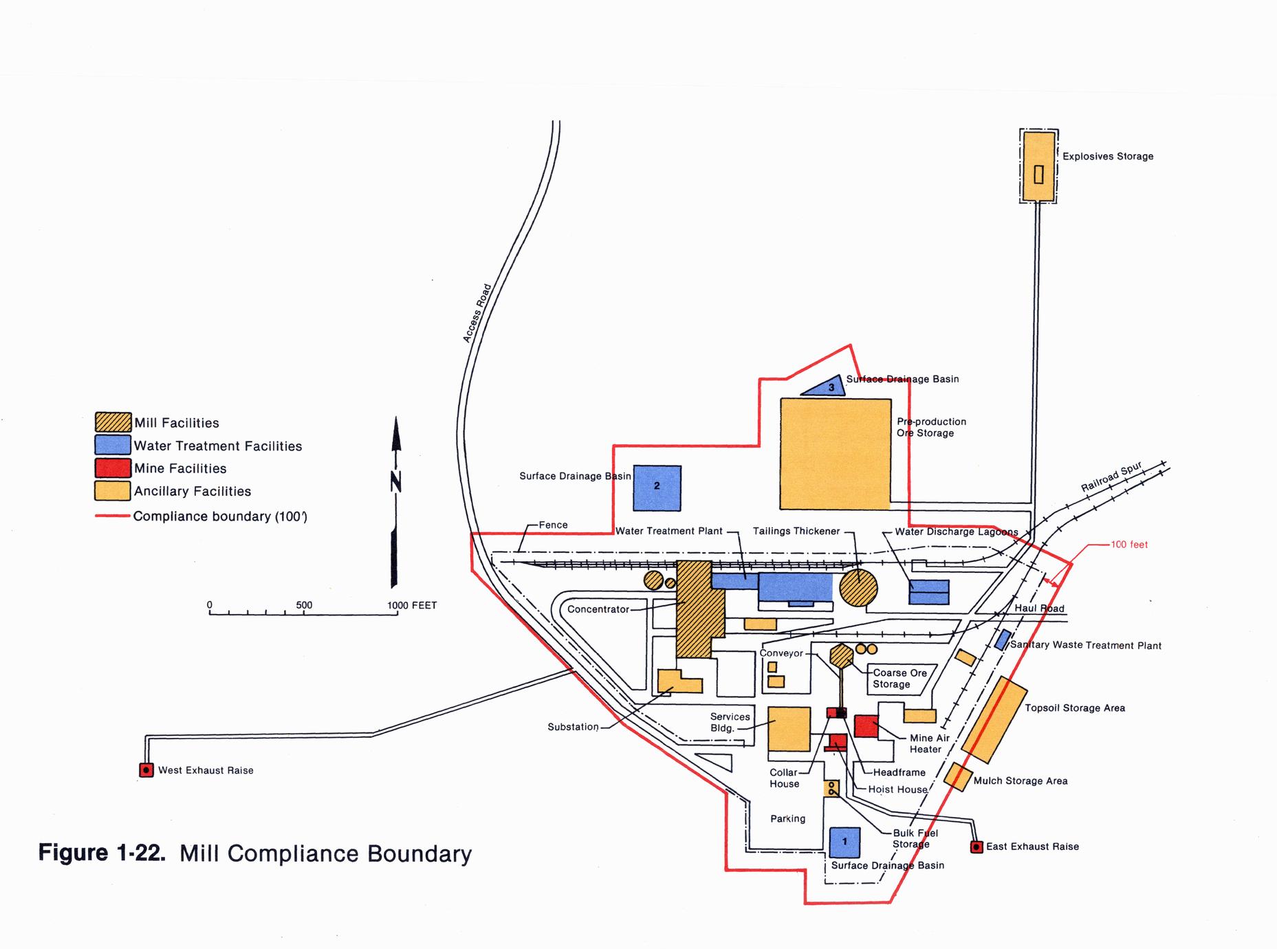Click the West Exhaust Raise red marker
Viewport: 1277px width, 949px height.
tap(146, 770)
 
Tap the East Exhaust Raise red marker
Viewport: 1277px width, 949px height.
tap(976, 847)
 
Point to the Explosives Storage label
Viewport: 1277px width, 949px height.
tap(1108, 157)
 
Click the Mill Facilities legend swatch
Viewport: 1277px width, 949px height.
tap(113, 422)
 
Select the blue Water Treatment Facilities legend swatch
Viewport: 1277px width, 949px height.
tap(113, 445)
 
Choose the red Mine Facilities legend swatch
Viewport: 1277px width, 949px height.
tap(113, 468)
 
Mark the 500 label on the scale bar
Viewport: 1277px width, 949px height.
tap(304, 605)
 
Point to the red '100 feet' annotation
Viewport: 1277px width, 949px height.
tap(1129, 545)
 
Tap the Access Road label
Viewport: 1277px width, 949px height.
tap(477, 314)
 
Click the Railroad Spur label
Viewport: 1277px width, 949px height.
tap(1111, 477)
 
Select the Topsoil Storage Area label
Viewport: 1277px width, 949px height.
tap(1075, 708)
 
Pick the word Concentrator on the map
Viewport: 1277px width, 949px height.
tap(598, 609)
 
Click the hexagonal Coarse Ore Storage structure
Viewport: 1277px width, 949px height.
tap(842, 655)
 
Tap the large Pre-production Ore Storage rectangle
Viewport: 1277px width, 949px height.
tap(835, 454)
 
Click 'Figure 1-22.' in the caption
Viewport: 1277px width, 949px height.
tap(102, 853)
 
